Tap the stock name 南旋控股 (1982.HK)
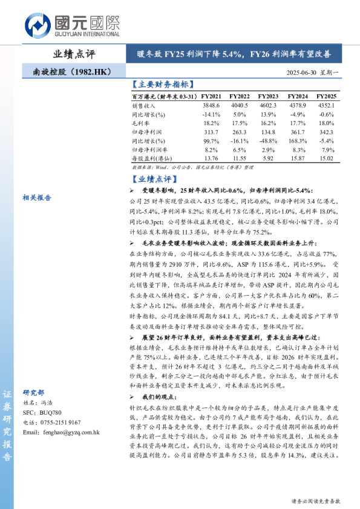pos(71,72)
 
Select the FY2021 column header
pos(212,96)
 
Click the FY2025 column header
pos(326,96)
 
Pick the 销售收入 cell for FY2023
pos(269,105)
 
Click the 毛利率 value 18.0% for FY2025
pos(327,122)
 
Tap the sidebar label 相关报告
pos(37,197)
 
